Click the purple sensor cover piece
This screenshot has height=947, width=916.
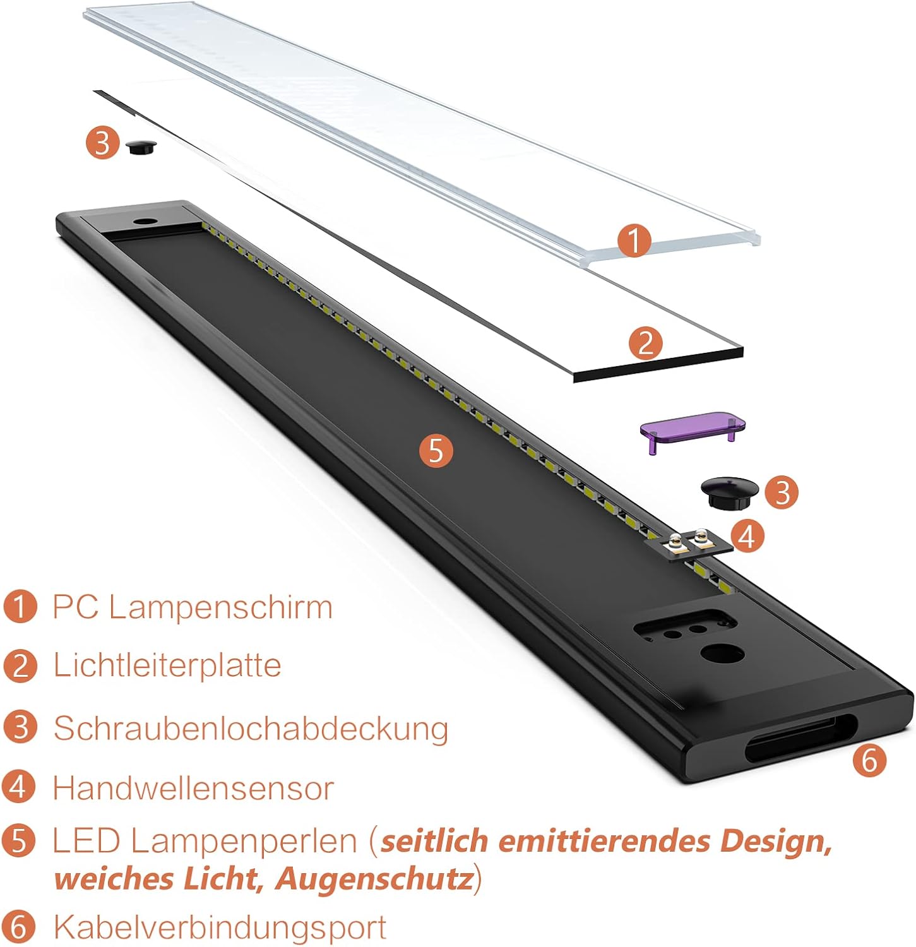pyautogui.click(x=693, y=428)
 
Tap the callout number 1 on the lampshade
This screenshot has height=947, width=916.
pyautogui.click(x=634, y=241)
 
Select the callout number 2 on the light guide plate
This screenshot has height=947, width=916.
pyautogui.click(x=646, y=343)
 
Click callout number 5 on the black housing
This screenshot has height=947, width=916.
pyautogui.click(x=436, y=451)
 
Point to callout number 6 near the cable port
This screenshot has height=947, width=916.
pyautogui.click(x=869, y=759)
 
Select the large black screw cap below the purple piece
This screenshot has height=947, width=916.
pyautogui.click(x=729, y=492)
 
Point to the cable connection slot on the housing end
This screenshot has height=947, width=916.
pyautogui.click(x=800, y=737)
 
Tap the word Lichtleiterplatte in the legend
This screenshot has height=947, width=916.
pyautogui.click(x=167, y=665)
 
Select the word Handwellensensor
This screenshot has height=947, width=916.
pyautogui.click(x=193, y=788)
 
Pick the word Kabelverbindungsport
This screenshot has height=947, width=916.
pyautogui.click(x=219, y=927)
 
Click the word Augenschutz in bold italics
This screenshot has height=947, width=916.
pyautogui.click(x=374, y=879)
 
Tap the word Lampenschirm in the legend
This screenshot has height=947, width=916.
pyautogui.click(x=220, y=607)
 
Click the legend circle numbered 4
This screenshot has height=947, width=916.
pyautogui.click(x=19, y=787)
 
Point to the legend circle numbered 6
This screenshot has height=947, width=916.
pyautogui.click(x=19, y=927)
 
